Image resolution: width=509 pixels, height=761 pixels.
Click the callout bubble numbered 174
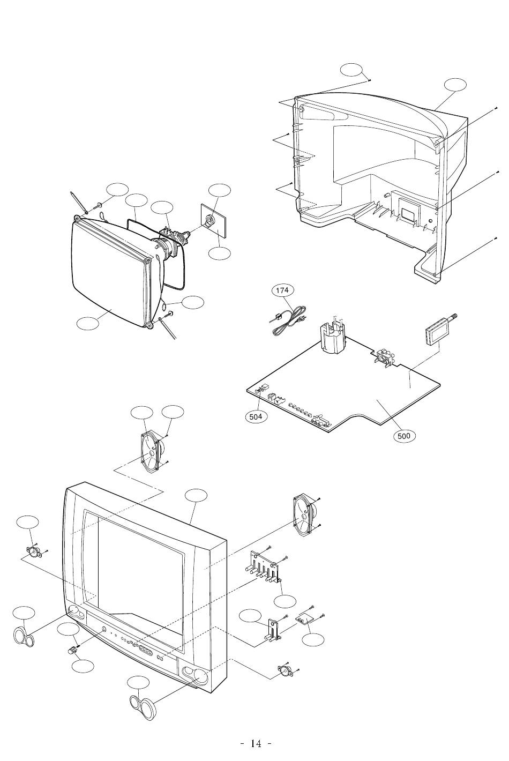tap(282, 290)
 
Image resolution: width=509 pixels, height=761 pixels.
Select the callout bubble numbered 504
tap(256, 416)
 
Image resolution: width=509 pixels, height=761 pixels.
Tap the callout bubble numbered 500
tap(404, 436)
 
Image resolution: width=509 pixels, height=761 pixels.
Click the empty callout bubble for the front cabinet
tap(196, 495)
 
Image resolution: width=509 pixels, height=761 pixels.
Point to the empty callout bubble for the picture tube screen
tap(88, 323)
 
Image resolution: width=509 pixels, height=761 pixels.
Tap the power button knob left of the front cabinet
tap(72, 650)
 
